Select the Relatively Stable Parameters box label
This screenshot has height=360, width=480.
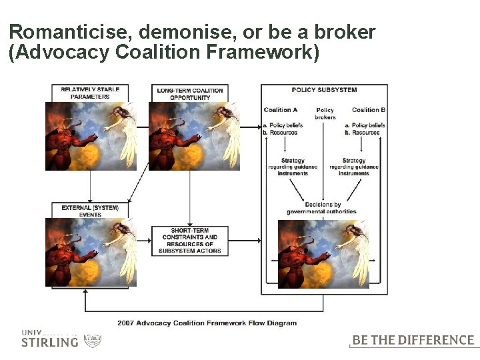(x=90, y=93)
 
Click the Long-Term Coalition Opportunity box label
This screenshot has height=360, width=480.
(x=190, y=93)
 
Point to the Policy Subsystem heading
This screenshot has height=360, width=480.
(x=324, y=90)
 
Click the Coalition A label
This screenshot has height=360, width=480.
(x=281, y=110)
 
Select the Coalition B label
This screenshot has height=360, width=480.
(x=369, y=110)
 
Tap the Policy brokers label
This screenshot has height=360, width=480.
(x=325, y=113)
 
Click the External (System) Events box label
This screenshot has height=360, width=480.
(x=90, y=211)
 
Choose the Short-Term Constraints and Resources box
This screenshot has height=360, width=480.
(x=190, y=241)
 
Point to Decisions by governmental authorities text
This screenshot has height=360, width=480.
(x=323, y=208)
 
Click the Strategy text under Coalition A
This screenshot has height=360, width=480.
(x=293, y=167)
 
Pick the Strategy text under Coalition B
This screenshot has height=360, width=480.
(x=353, y=167)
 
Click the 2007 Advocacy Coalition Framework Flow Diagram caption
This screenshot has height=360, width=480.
(x=207, y=323)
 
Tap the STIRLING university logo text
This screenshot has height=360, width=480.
(x=49, y=342)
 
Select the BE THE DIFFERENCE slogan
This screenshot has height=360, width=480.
(x=413, y=340)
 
